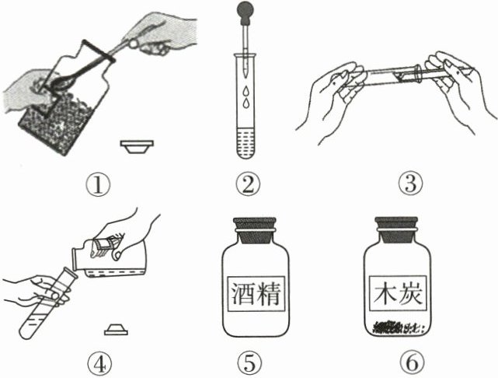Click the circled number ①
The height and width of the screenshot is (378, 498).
[98, 185]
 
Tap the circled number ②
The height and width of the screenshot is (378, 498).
[248, 184]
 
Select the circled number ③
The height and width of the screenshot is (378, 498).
[411, 184]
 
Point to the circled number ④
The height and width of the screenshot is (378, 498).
[99, 364]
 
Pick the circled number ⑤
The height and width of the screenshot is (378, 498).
[249, 363]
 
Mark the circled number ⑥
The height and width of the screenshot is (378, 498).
[412, 363]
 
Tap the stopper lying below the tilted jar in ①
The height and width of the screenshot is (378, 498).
[137, 146]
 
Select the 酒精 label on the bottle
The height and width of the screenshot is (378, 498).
[256, 294]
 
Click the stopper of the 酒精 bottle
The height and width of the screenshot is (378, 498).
[255, 230]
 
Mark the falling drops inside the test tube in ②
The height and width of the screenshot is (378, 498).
[246, 97]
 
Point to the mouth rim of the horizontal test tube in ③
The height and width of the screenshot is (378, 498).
[419, 73]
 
